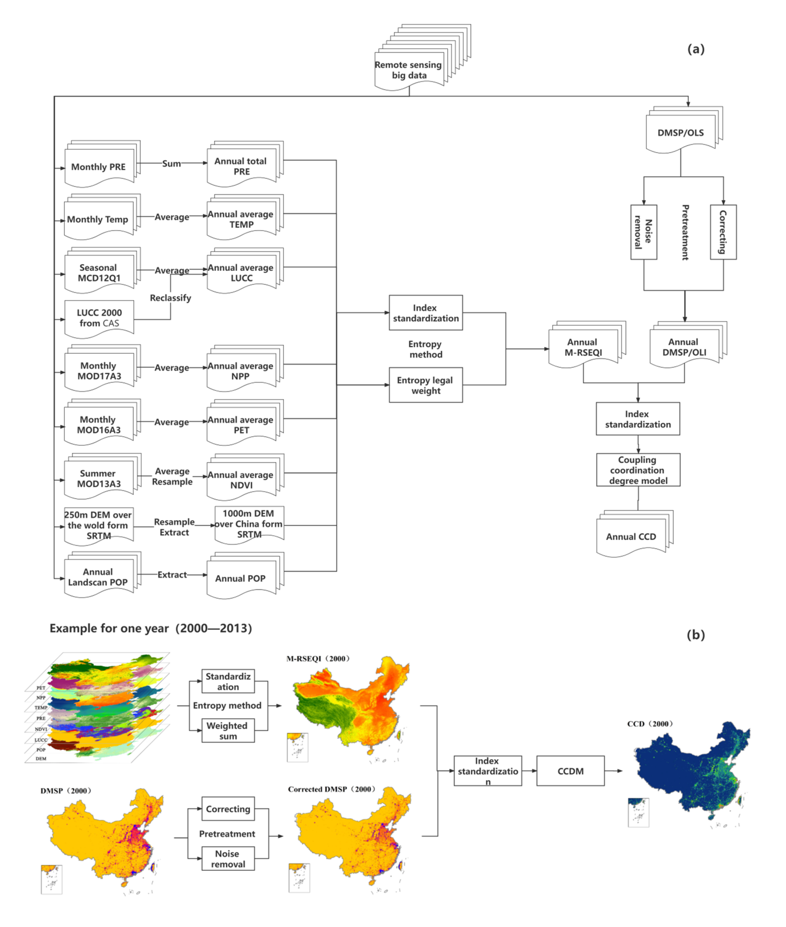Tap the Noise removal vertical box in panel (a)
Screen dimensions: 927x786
click(643, 232)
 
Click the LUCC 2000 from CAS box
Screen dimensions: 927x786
click(99, 318)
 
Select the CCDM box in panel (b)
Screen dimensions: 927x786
click(570, 771)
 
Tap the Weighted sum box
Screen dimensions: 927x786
click(228, 731)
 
